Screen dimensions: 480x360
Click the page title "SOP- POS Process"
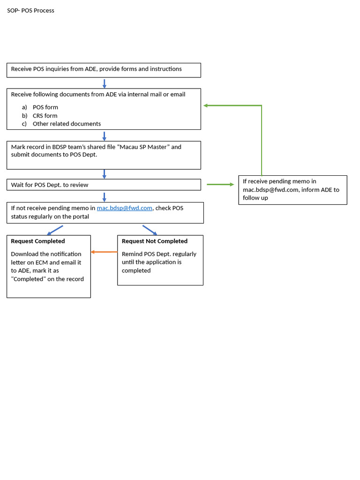pos(30,10)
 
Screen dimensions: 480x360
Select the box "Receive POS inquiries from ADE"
pos(104,70)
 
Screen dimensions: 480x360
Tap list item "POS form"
pos(45,107)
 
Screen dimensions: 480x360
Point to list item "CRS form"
pos(45,116)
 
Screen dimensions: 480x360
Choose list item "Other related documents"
pos(67,124)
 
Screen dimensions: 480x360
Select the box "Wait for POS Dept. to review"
pos(104,185)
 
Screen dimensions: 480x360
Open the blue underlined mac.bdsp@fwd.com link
pos(124,208)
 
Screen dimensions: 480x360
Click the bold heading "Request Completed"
pos(38,241)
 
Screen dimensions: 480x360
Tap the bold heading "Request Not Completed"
pos(155,241)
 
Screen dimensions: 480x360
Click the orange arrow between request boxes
pos(104,252)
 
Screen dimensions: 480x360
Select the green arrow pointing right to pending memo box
pos(220,185)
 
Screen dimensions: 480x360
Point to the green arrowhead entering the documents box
pos(206,105)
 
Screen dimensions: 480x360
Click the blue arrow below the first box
pos(104,83)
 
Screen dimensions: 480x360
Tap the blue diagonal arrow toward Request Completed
pos(55,230)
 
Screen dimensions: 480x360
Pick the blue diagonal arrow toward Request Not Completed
pos(150,230)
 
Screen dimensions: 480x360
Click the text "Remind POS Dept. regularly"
pos(159,254)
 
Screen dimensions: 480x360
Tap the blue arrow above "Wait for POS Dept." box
pos(104,174)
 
